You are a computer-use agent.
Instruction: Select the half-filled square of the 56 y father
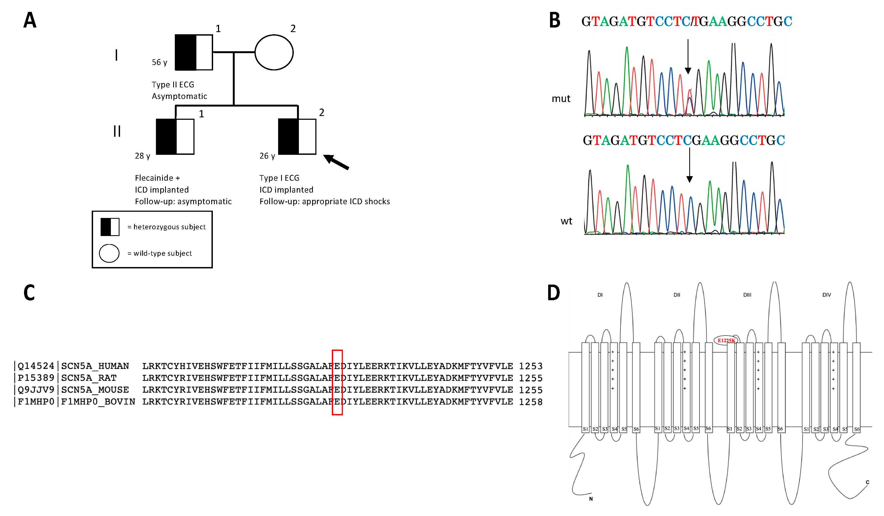(194, 52)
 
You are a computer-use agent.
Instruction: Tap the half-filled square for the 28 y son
(175, 136)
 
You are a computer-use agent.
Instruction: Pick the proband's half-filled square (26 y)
(297, 136)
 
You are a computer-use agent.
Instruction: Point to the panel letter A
(30, 20)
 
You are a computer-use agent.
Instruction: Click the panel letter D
(554, 293)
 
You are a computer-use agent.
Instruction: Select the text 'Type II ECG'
(173, 84)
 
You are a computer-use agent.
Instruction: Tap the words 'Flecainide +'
(157, 178)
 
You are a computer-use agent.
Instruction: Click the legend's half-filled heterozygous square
(110, 227)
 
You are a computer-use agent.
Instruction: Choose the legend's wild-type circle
(109, 253)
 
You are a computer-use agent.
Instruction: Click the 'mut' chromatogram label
(561, 98)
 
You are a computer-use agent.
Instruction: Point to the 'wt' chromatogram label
(566, 221)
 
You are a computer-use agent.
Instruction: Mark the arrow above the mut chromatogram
(688, 56)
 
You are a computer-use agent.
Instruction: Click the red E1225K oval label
(726, 340)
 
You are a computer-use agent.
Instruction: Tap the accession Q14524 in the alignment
(36, 366)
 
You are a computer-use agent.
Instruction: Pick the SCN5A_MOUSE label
(95, 390)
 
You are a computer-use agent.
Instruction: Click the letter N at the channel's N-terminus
(591, 499)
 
